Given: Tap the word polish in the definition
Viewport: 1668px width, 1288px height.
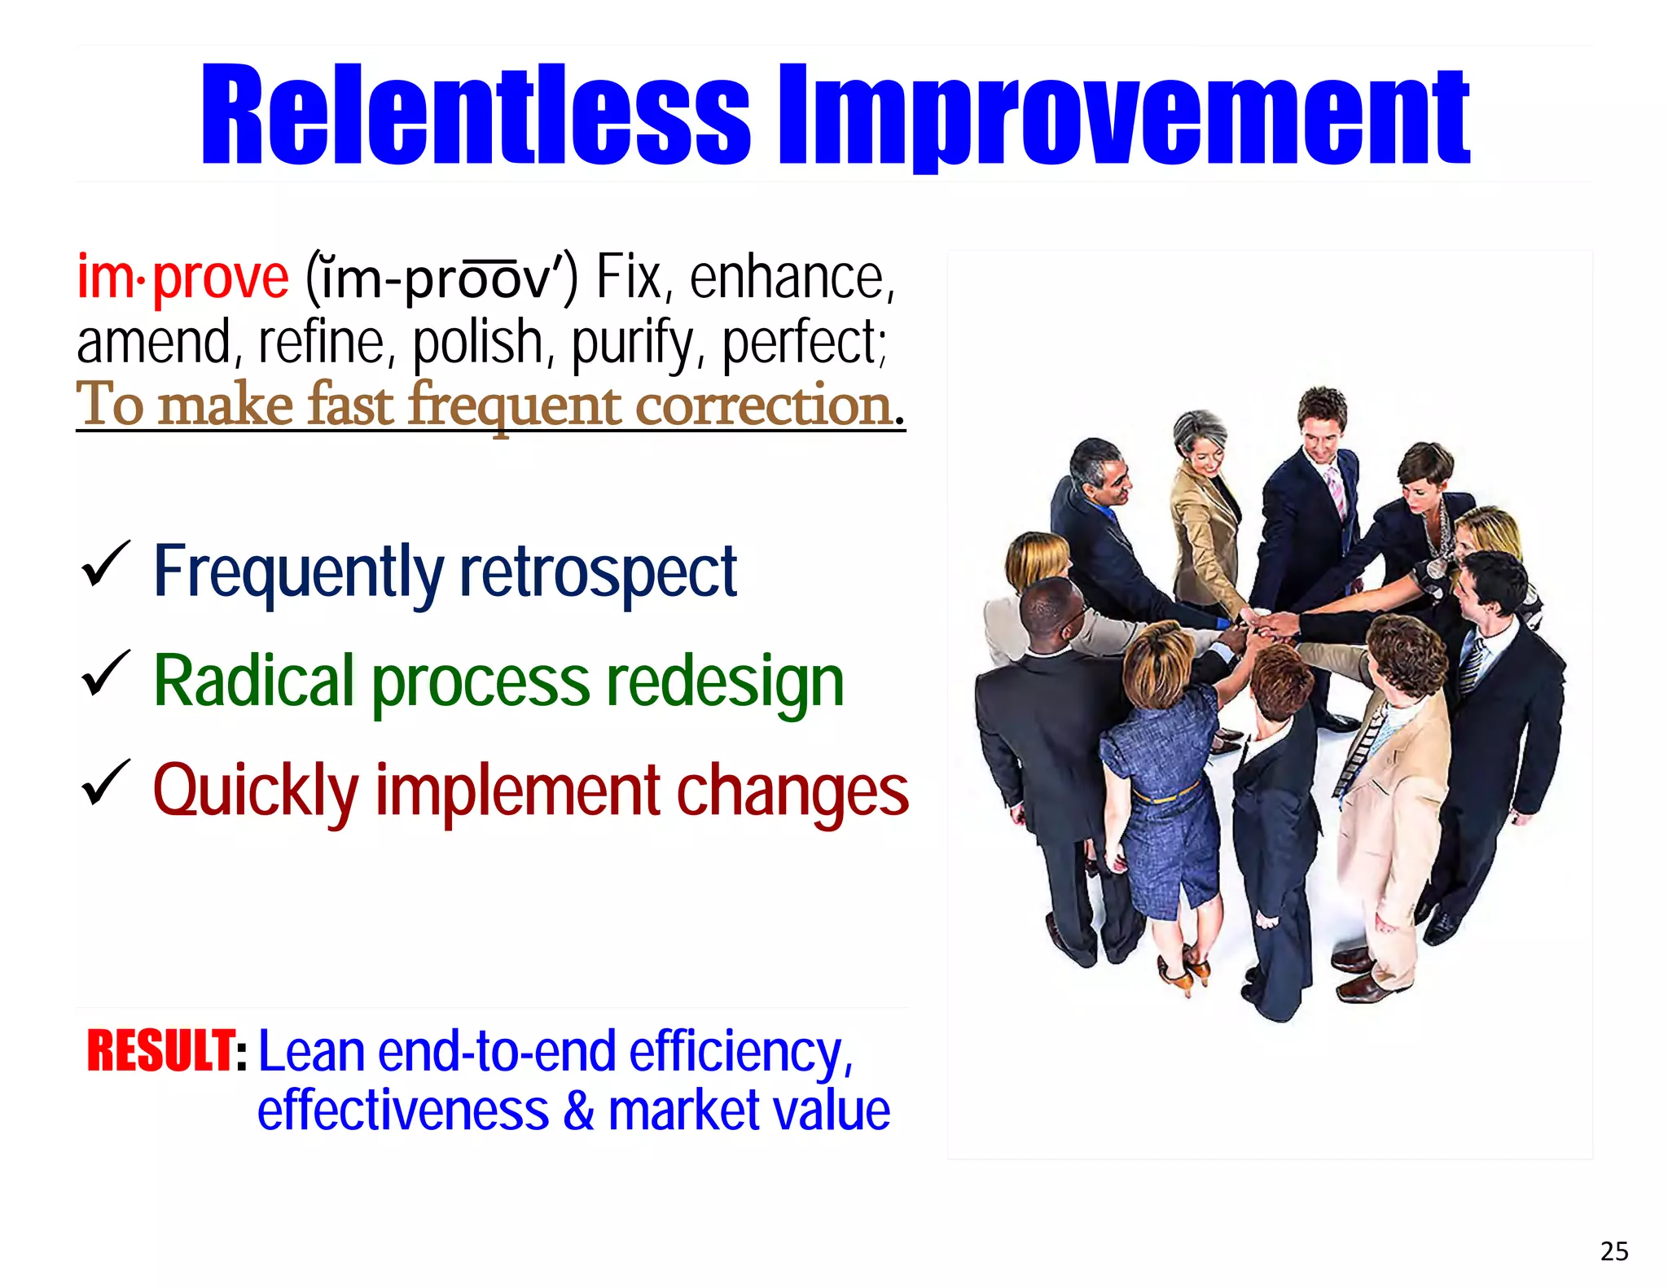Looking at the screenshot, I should point(477,343).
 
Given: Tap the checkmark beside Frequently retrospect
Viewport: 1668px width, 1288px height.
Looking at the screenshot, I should point(105,563).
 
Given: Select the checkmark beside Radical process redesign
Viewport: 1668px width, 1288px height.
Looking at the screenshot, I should point(105,673).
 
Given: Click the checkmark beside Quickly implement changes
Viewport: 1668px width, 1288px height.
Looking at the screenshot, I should point(105,783).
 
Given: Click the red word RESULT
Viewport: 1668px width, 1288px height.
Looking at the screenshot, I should point(160,1051).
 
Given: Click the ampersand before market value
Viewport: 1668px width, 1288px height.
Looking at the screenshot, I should point(578,1111).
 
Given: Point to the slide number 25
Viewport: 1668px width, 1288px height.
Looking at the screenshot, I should point(1613,1251).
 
